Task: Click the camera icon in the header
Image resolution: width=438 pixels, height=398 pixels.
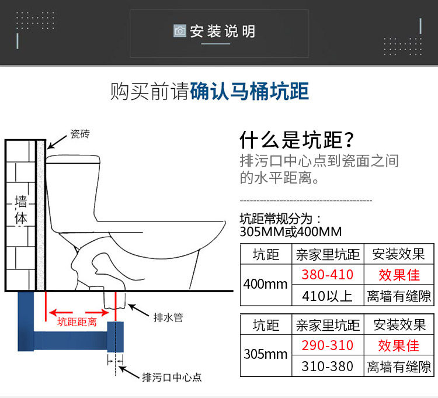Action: [x=180, y=31]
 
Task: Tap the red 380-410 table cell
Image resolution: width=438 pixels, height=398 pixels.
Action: [x=328, y=275]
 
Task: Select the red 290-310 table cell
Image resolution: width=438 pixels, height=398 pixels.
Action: [x=328, y=345]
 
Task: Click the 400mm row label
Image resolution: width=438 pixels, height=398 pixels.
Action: [x=265, y=285]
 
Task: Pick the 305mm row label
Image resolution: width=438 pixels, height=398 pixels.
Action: [x=265, y=355]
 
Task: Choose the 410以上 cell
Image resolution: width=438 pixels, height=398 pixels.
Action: [x=328, y=296]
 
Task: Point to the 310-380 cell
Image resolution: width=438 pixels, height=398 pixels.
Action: [x=328, y=366]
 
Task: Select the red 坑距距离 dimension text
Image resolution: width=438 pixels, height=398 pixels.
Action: [x=77, y=321]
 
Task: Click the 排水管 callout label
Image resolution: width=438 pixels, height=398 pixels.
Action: [x=168, y=317]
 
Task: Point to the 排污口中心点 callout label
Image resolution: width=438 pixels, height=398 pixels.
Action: [x=172, y=377]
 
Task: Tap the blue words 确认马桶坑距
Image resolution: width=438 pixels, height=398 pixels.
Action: [x=249, y=92]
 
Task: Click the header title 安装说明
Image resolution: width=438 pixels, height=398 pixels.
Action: [x=223, y=31]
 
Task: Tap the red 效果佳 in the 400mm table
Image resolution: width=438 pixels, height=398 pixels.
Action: [x=398, y=275]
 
